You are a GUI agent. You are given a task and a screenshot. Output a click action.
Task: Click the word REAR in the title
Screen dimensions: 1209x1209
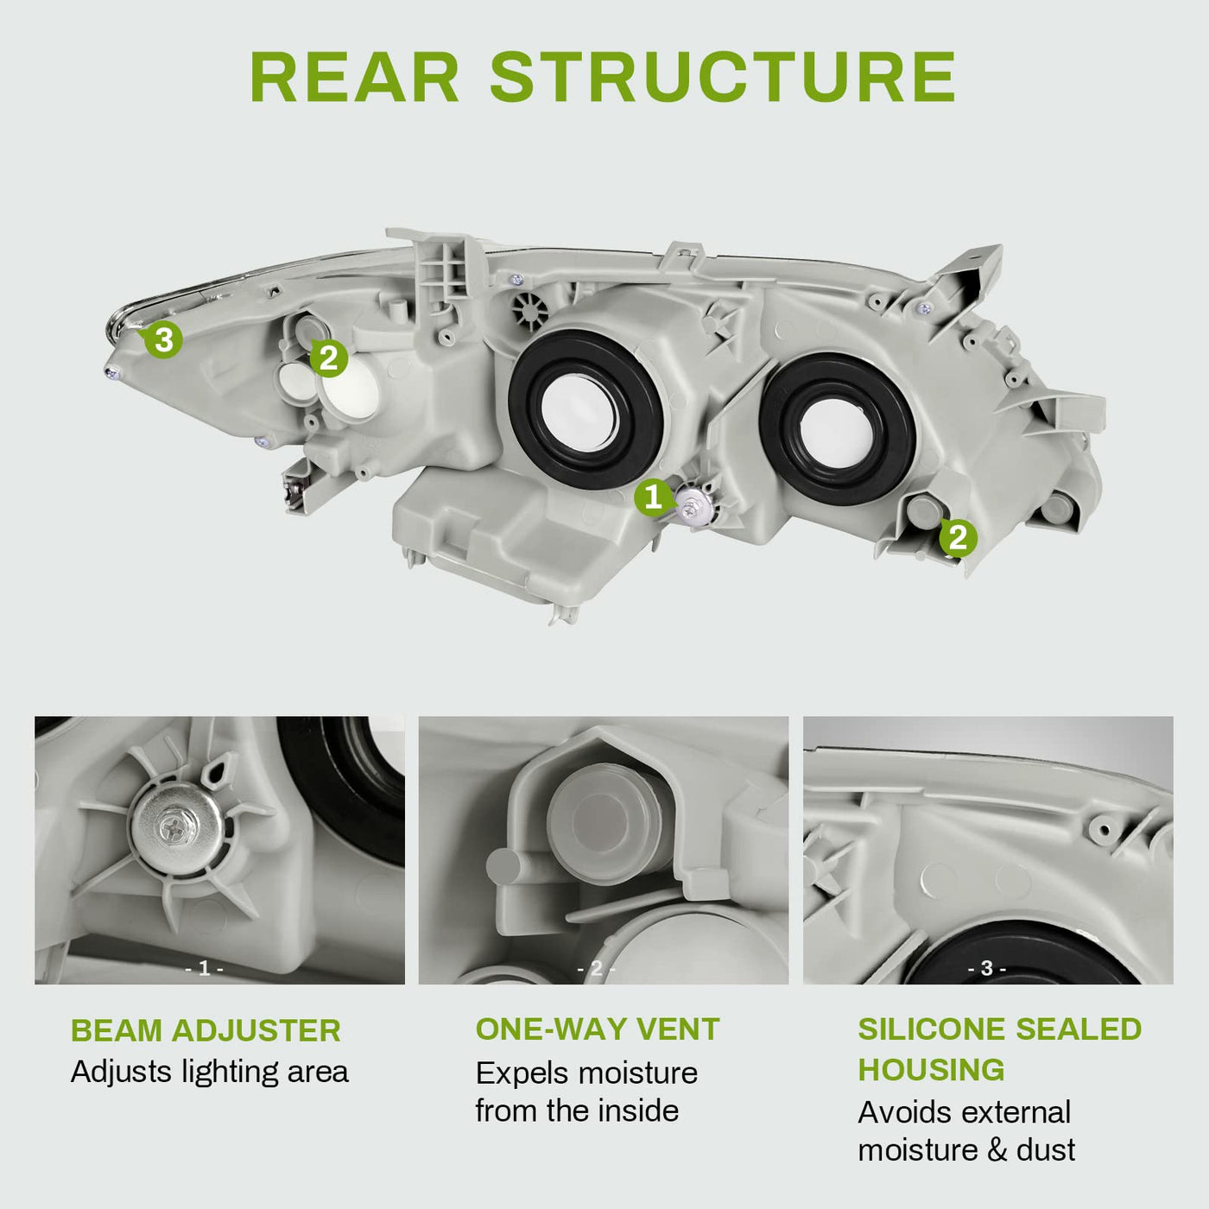click(354, 76)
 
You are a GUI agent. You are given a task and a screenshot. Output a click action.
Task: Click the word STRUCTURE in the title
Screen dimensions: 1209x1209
click(723, 76)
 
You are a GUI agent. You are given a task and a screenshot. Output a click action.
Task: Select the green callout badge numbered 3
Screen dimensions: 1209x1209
click(163, 339)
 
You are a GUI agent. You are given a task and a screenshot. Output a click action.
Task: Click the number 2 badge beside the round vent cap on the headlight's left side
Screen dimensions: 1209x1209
click(328, 358)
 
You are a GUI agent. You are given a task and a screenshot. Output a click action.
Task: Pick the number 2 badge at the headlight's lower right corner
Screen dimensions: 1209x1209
click(958, 538)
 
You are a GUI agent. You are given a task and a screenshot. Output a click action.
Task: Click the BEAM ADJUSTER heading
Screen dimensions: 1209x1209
click(206, 1031)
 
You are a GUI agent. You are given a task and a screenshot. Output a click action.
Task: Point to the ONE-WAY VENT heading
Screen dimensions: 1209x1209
click(598, 1029)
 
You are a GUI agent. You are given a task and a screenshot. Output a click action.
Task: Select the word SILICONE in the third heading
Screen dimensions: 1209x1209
click(931, 1029)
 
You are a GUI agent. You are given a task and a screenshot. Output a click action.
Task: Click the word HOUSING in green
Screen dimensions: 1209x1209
click(931, 1070)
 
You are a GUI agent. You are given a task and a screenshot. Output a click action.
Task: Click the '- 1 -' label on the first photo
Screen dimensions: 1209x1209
click(204, 968)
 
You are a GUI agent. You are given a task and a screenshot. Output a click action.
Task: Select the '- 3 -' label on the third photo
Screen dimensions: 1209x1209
click(987, 968)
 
